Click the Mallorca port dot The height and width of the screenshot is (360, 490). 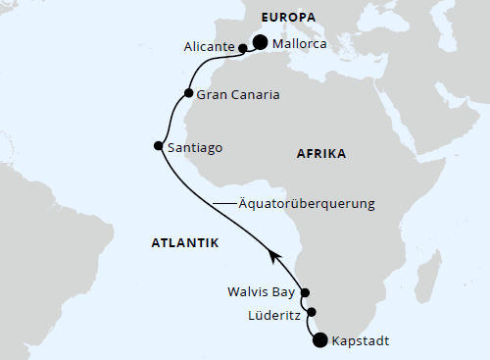(261, 42)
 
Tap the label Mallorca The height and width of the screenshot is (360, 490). (304, 44)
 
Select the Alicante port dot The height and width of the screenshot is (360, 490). (242, 47)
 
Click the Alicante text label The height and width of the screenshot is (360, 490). (208, 47)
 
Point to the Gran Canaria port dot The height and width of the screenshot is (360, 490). (188, 94)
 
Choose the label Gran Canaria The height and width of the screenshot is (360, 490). (239, 95)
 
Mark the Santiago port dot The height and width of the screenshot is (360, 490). (159, 146)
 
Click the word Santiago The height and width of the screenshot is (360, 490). (196, 147)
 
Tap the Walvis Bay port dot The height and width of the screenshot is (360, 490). (305, 292)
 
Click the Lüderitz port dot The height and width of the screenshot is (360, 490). (312, 313)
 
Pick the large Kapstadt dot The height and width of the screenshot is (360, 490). (319, 340)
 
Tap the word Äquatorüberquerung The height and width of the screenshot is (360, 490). (308, 204)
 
